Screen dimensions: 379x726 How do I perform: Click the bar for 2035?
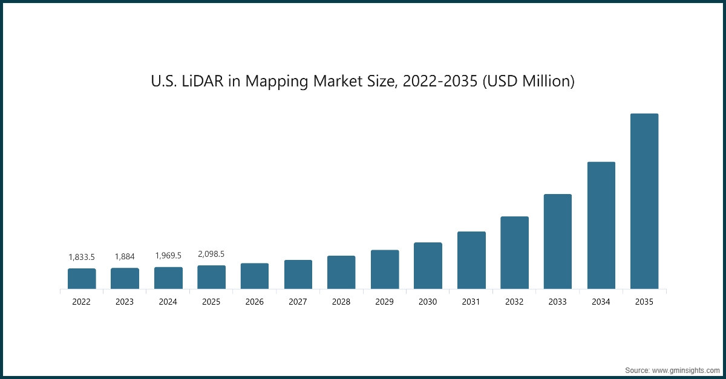click(644, 201)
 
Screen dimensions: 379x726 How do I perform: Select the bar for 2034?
click(601, 225)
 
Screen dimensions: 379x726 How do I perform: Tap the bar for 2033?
click(557, 241)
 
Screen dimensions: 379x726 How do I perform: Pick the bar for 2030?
click(428, 265)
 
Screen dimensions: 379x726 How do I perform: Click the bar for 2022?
click(82, 279)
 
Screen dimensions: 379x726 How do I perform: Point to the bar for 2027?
click(298, 274)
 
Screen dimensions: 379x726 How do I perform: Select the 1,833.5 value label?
click(82, 257)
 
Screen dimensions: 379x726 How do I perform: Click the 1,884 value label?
click(125, 257)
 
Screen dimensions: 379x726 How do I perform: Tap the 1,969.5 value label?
click(168, 256)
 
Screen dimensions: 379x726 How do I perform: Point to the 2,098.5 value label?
click(211, 254)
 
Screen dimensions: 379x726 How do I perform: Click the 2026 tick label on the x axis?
click(255, 302)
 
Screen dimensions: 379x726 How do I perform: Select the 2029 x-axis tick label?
click(384, 302)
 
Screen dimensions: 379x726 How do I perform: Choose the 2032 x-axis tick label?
click(514, 302)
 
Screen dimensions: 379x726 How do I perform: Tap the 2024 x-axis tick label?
click(168, 302)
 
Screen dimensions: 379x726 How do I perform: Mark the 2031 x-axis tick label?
click(471, 302)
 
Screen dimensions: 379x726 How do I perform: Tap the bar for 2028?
click(341, 272)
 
